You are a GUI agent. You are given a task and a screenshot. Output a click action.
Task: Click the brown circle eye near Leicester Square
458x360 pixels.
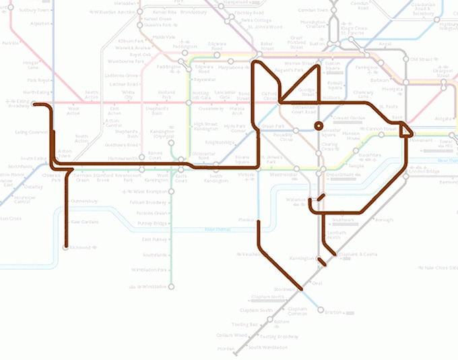pos(318,125)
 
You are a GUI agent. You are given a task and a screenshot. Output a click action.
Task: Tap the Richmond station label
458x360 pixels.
pos(79,247)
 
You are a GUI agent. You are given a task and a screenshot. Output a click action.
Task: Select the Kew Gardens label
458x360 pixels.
pos(85,221)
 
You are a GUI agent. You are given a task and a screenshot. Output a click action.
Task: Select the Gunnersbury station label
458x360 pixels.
pos(84,201)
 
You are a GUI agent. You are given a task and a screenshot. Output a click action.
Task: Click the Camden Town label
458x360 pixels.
pos(317,11)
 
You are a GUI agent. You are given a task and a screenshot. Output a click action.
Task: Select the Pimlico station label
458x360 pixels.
pos(246,220)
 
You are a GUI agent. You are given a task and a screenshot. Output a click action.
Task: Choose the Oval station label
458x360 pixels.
pos(317,283)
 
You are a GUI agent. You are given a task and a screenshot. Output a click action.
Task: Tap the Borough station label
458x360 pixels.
pos(384,220)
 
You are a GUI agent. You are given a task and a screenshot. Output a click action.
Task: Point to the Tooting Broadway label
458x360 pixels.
pos(278,336)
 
